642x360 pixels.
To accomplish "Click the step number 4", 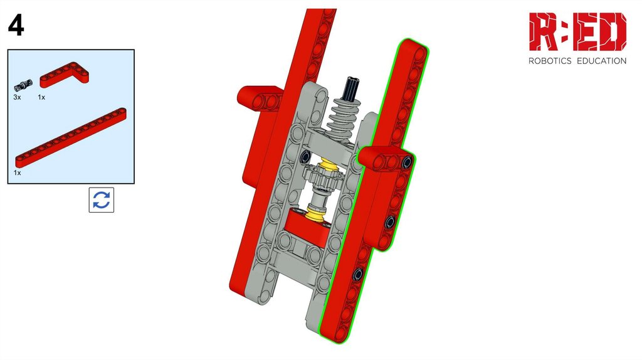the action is point(16,25).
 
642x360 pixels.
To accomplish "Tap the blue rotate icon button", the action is point(102,200).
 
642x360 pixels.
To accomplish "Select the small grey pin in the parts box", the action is point(23,85).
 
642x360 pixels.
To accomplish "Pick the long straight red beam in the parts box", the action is point(71,137).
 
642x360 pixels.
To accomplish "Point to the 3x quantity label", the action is point(17,97).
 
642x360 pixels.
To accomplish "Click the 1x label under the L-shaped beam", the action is point(41,97).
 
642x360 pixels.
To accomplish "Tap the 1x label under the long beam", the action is point(17,173).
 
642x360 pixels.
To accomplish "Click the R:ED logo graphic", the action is point(577,31).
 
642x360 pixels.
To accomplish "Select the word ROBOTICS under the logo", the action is point(550,61).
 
